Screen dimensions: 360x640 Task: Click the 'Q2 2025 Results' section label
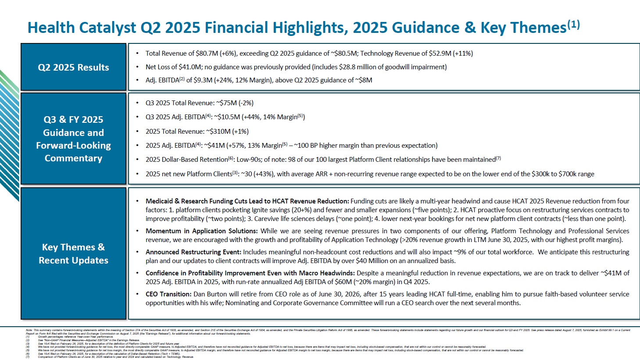click(x=73, y=68)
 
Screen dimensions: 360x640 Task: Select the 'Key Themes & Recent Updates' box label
click(x=73, y=253)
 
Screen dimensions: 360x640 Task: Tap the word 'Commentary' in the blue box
click(x=73, y=158)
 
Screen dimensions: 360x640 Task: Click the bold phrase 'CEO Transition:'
click(x=168, y=294)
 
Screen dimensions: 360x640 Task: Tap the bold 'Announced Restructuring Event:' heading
click(x=193, y=252)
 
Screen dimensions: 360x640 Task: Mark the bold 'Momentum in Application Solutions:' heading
click(x=202, y=231)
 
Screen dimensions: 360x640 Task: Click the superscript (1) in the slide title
click(x=574, y=25)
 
